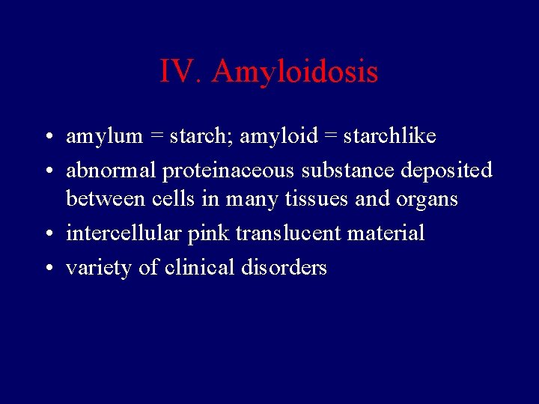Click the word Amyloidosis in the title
click(295, 73)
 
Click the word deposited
click(447, 170)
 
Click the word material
click(387, 233)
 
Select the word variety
click(100, 267)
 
